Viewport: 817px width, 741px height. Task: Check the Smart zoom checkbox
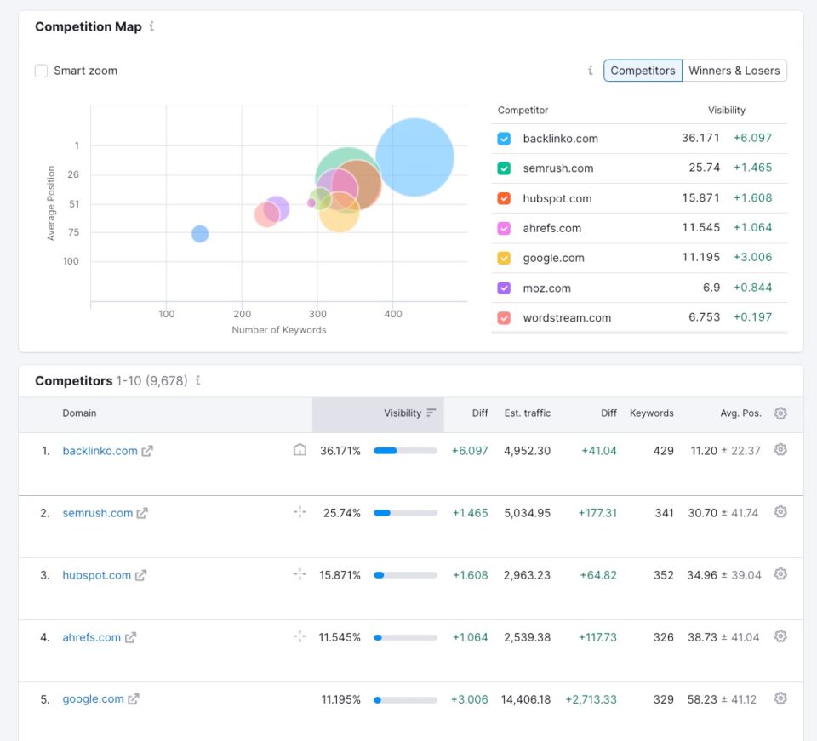pyautogui.click(x=41, y=71)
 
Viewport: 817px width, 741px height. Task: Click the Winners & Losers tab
pyautogui.click(x=734, y=71)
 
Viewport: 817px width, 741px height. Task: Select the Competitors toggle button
pyautogui.click(x=643, y=71)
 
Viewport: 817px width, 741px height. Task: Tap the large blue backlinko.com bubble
pyautogui.click(x=414, y=157)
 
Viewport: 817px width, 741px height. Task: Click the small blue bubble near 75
pyautogui.click(x=200, y=234)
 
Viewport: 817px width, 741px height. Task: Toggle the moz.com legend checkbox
pyautogui.click(x=504, y=288)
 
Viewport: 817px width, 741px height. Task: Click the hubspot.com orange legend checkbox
pyautogui.click(x=504, y=198)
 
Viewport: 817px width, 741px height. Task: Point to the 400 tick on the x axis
pyautogui.click(x=392, y=314)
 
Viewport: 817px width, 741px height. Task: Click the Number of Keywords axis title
pyautogui.click(x=278, y=330)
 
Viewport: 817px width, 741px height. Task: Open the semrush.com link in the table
pyautogui.click(x=98, y=513)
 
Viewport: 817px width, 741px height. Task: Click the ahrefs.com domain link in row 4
pyautogui.click(x=92, y=637)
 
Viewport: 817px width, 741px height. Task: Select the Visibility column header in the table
pyautogui.click(x=403, y=413)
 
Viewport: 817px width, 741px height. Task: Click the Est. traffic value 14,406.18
pyautogui.click(x=526, y=699)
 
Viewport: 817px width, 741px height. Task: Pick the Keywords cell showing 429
pyautogui.click(x=663, y=451)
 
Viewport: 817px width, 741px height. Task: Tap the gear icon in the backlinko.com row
pyautogui.click(x=780, y=450)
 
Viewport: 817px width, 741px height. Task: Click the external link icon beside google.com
pyautogui.click(x=134, y=699)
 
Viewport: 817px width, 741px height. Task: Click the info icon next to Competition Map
pyautogui.click(x=151, y=26)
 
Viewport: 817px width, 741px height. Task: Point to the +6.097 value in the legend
pyautogui.click(x=752, y=138)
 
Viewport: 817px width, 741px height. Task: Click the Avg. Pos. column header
pyautogui.click(x=740, y=413)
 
